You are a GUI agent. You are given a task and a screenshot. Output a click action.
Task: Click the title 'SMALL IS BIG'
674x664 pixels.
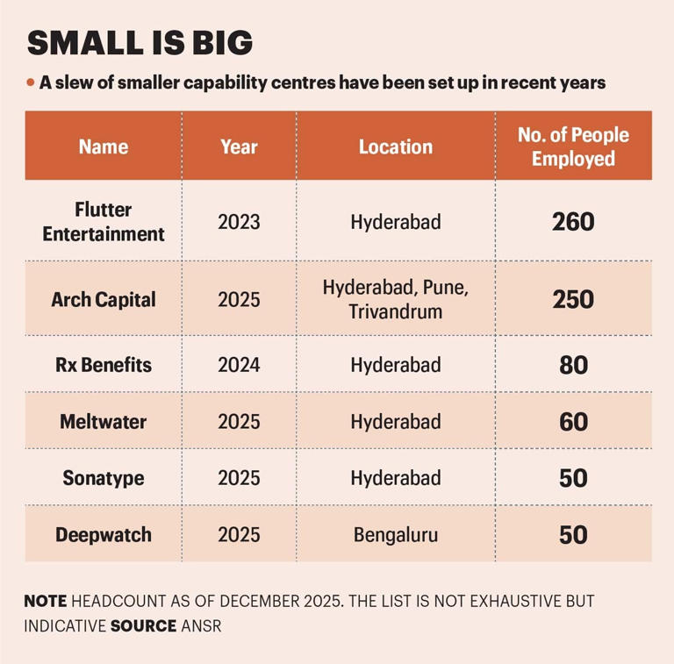[140, 43]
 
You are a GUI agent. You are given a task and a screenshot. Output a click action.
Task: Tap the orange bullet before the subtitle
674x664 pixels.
[31, 83]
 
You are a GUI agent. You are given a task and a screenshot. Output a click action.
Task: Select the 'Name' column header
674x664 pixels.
[104, 146]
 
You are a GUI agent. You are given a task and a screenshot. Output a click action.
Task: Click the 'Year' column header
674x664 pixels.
[239, 146]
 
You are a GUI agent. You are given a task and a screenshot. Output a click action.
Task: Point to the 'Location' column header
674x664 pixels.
[395, 146]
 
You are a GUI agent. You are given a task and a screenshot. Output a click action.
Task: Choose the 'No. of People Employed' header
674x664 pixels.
[573, 146]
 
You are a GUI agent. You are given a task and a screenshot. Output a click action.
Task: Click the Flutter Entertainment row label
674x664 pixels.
[104, 222]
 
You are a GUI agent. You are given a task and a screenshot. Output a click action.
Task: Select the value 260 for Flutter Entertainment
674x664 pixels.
[573, 222]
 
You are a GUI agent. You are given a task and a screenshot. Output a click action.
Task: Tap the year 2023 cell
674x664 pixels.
[239, 222]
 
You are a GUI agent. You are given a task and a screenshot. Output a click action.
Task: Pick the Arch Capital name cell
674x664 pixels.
[104, 299]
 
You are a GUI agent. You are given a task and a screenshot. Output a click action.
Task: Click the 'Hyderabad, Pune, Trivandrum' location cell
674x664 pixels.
[395, 299]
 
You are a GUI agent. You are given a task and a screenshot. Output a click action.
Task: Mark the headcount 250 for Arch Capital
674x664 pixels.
[573, 299]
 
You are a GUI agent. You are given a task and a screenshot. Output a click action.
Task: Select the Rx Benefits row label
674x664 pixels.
[104, 364]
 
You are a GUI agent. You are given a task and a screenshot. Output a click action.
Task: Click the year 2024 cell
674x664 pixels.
[239, 364]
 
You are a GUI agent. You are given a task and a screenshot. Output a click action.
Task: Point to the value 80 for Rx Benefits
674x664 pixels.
[573, 364]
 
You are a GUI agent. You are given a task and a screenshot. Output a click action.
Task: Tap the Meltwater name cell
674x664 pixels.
[104, 421]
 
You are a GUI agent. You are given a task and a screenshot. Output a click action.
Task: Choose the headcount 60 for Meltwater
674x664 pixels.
[573, 421]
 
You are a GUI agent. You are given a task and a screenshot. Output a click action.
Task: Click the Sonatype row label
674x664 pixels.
[104, 478]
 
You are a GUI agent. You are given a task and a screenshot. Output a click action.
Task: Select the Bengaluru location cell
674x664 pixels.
[395, 534]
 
